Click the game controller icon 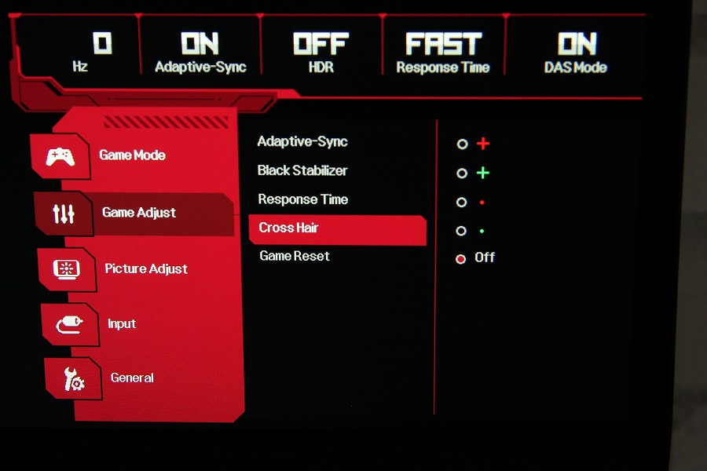pyautogui.click(x=60, y=157)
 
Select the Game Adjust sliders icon pyautogui.click(x=64, y=214)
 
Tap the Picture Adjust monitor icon pyautogui.click(x=67, y=269)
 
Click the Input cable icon pyautogui.click(x=69, y=324)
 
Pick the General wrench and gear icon pyautogui.click(x=74, y=379)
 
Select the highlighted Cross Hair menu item pyautogui.click(x=288, y=228)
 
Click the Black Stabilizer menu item pyautogui.click(x=302, y=170)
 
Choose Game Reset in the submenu pyautogui.click(x=295, y=256)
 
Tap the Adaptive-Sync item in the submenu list pyautogui.click(x=302, y=141)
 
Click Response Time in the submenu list pyautogui.click(x=303, y=199)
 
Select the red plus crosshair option pyautogui.click(x=483, y=144)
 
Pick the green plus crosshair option pyautogui.click(x=483, y=173)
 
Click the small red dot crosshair pyautogui.click(x=482, y=203)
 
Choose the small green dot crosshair pyautogui.click(x=482, y=232)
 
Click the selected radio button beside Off pyautogui.click(x=461, y=259)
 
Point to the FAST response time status pyautogui.click(x=444, y=44)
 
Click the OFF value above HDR pyautogui.click(x=321, y=44)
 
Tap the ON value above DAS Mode pyautogui.click(x=577, y=44)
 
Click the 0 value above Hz pyautogui.click(x=102, y=43)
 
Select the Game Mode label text pyautogui.click(x=132, y=155)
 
